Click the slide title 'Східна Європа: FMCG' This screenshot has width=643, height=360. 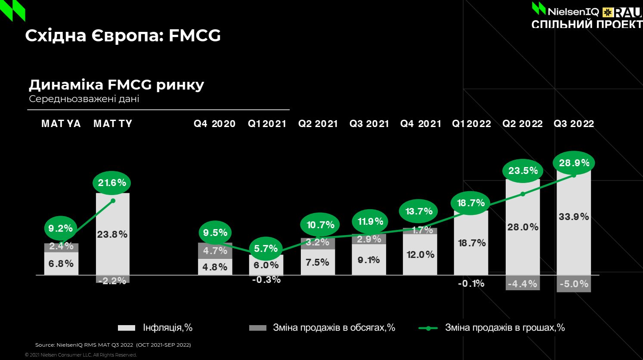(123, 35)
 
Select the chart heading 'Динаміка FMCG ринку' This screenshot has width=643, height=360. (116, 84)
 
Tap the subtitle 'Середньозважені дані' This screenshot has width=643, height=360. (84, 99)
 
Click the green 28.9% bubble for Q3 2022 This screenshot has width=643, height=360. (574, 163)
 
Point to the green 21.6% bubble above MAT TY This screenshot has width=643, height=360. (112, 183)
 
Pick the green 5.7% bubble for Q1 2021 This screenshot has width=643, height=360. (266, 248)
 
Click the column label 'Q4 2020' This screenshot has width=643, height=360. (214, 124)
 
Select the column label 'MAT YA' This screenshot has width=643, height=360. (61, 124)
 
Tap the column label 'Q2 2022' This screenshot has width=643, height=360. (522, 124)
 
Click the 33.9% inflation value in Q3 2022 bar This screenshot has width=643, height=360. (574, 217)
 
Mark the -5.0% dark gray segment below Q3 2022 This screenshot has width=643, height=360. (574, 284)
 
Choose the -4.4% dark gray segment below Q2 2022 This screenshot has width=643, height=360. (522, 284)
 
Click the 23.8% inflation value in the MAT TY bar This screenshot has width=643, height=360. (112, 234)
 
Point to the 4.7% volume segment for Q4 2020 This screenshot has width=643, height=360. (215, 251)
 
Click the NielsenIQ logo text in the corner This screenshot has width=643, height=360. (573, 11)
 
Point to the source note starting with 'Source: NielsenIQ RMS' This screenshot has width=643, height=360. (113, 345)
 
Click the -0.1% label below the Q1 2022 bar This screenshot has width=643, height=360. (471, 283)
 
